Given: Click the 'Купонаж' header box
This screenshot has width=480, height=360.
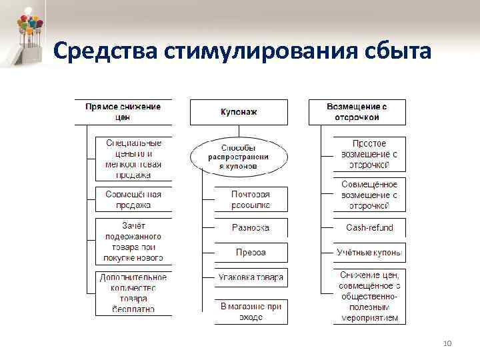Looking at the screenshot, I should click(239, 112).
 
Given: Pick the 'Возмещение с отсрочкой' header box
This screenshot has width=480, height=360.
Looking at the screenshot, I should click(357, 112).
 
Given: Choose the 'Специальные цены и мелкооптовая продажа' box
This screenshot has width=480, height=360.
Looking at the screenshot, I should click(133, 159).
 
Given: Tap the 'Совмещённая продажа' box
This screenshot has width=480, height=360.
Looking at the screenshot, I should click(133, 199).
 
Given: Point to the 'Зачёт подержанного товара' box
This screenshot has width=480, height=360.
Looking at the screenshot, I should click(133, 241).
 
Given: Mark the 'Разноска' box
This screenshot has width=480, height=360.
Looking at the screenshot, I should click(251, 227).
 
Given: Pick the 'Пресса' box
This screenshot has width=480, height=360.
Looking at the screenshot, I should click(251, 253).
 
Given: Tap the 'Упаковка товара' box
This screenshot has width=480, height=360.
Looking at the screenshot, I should click(251, 277).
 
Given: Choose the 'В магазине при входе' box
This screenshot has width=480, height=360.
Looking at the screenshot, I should click(251, 311).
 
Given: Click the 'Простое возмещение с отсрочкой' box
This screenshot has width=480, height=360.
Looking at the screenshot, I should click(369, 154).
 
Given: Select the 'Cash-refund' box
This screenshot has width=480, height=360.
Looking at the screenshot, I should click(369, 227).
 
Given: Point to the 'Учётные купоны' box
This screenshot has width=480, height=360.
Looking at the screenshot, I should click(369, 253).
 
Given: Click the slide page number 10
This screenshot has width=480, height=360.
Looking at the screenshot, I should click(447, 343).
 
